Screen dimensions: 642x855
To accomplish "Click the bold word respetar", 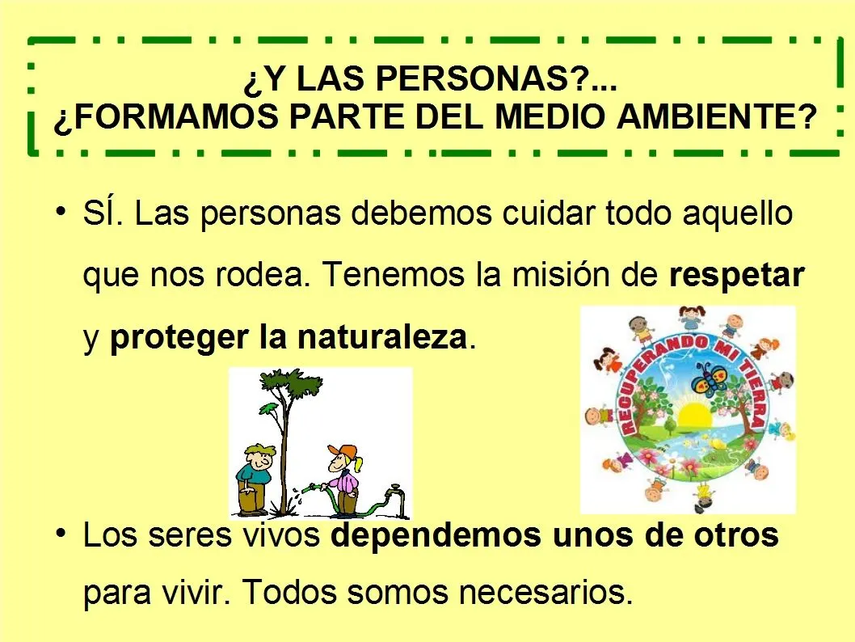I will pyautogui.click(x=737, y=276).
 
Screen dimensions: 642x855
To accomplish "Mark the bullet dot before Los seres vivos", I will pyautogui.click(x=60, y=533).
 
